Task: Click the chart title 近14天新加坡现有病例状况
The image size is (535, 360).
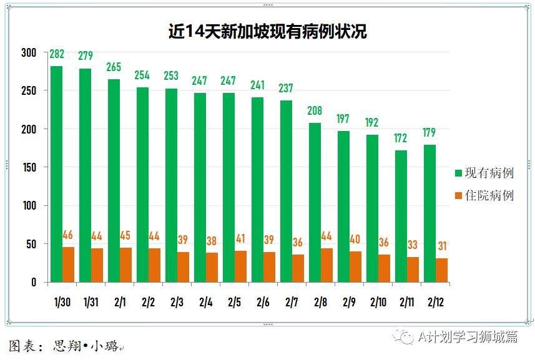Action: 267,31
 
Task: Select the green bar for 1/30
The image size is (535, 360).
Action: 56,174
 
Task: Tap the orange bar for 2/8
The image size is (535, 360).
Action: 326,265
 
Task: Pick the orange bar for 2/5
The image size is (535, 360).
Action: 240,266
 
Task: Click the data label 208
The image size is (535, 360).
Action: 315,111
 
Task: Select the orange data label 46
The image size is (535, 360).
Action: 68,235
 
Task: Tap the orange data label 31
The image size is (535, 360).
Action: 441,246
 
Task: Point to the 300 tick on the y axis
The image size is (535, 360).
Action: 29,52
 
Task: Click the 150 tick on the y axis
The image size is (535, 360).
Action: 29,167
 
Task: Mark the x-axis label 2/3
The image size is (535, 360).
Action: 177,303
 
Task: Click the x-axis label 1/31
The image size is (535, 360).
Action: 91,303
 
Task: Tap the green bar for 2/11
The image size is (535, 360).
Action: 401,216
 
